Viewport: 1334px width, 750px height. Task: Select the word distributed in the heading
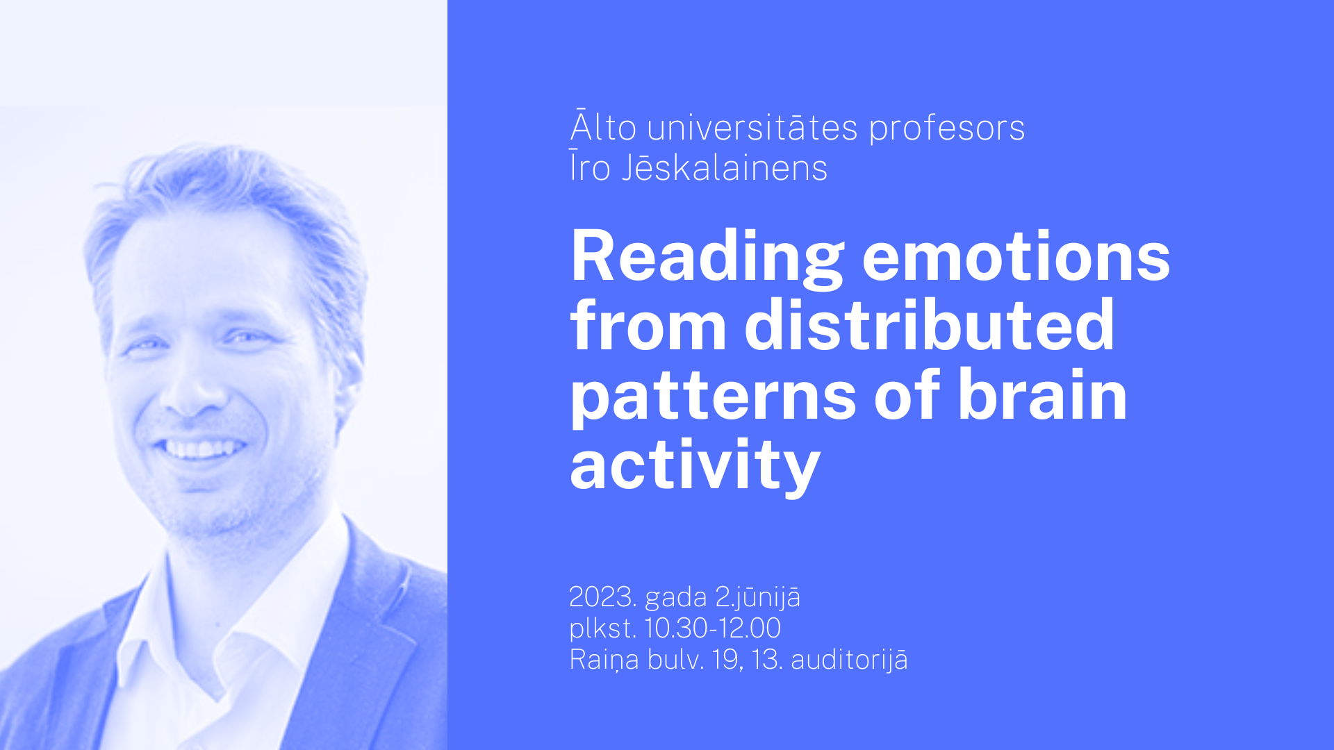tap(930, 324)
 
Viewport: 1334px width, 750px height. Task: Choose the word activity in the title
tap(695, 465)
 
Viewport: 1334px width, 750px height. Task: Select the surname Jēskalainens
tap(725, 167)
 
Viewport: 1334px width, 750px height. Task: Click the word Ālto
tap(603, 126)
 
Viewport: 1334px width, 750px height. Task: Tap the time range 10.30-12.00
tap(713, 628)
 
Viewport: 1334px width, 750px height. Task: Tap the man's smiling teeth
tap(201, 449)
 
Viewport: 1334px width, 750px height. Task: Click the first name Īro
tap(590, 167)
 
